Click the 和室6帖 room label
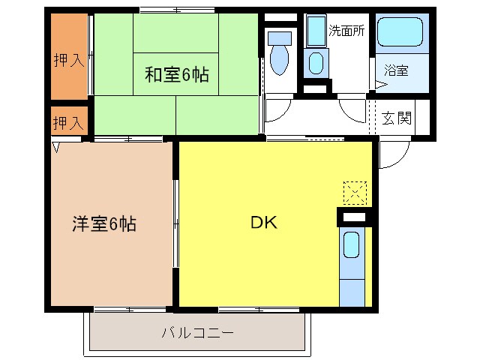pyautogui.click(x=177, y=75)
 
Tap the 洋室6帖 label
pyautogui.click(x=104, y=223)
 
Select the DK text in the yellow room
pyautogui.click(x=263, y=223)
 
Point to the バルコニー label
pyautogui.click(x=197, y=332)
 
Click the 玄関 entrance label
pyautogui.click(x=397, y=118)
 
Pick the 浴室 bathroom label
pyautogui.click(x=396, y=71)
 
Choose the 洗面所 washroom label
pyautogui.click(x=346, y=31)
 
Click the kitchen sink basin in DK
pyautogui.click(x=351, y=246)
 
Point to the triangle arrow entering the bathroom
pyautogui.click(x=379, y=86)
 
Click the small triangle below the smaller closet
pyautogui.click(x=56, y=147)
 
